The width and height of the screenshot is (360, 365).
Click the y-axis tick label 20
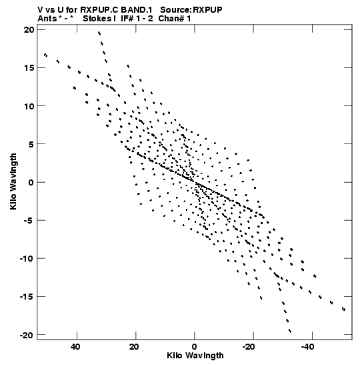point(29,30)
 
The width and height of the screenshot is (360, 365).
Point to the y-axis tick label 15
point(29,68)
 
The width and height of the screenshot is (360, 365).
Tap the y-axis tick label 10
point(29,106)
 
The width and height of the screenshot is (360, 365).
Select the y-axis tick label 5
point(31,144)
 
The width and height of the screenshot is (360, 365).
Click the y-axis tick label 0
point(31,183)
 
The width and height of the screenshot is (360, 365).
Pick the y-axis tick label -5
point(29,220)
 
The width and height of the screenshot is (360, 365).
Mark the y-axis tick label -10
point(27,259)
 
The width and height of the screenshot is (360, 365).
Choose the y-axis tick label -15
point(27,297)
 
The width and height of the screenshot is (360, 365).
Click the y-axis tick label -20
point(27,335)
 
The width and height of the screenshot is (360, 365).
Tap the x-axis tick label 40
point(75,347)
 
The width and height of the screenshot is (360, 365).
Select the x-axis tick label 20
point(134,347)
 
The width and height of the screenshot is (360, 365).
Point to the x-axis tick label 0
point(195,347)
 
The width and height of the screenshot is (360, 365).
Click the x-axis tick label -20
point(250,347)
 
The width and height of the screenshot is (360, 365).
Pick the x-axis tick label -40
point(308,347)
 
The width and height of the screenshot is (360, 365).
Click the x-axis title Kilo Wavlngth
point(195,356)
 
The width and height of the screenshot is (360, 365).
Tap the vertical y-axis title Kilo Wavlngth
point(14,181)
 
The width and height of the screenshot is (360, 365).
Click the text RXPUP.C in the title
point(99,10)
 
